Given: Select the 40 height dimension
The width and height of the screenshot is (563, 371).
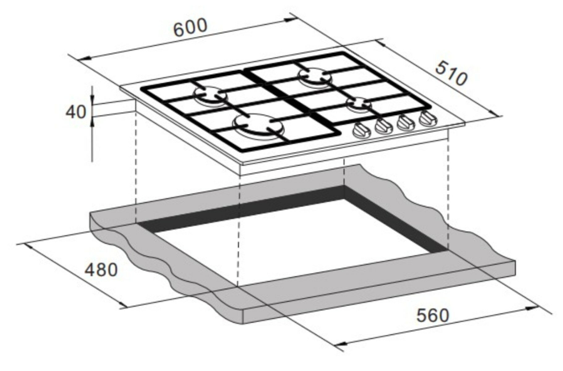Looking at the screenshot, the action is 76,112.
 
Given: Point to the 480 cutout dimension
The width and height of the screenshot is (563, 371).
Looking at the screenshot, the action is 101,270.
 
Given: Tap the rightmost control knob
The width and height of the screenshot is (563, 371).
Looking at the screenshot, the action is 428,119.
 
